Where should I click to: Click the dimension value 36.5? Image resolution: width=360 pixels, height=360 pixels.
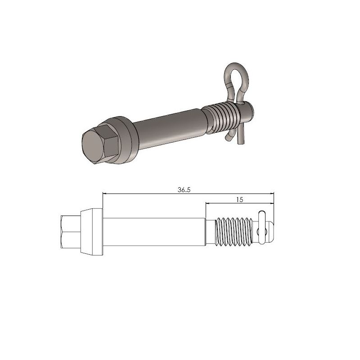pos(184,190)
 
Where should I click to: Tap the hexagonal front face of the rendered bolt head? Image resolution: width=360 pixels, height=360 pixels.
pos(95,146)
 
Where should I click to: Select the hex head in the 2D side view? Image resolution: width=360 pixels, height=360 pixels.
pos(69,231)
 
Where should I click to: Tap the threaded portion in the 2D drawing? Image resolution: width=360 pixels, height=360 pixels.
pos(232,231)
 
